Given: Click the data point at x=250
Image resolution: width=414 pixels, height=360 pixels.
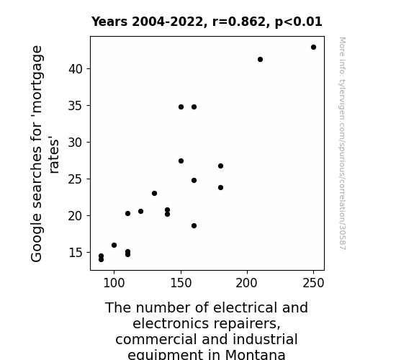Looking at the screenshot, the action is (313, 48).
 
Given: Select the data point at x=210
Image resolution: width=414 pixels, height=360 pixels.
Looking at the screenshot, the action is (260, 60).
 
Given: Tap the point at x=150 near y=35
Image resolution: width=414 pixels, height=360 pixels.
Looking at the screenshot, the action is (181, 107).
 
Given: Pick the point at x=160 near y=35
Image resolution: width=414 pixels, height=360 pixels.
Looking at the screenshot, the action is (194, 107).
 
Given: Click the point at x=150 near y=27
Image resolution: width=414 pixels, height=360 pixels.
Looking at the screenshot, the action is (181, 161).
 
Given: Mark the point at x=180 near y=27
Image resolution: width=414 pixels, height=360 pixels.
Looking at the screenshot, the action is (221, 166).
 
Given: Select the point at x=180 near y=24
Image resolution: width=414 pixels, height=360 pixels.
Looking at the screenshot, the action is (221, 187).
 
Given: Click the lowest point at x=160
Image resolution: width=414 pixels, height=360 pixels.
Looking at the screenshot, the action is (194, 226).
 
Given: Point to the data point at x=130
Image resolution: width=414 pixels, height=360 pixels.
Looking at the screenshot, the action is (155, 194).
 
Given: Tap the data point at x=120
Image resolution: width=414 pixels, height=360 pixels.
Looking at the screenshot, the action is (140, 211).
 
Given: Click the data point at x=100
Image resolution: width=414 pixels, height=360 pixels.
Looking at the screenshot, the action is (114, 245).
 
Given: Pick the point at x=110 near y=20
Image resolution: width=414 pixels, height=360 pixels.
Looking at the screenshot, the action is (127, 213).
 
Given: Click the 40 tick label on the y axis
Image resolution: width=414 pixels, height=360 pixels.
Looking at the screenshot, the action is (76, 69).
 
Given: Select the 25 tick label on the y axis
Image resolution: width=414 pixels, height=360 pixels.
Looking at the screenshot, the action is (76, 179).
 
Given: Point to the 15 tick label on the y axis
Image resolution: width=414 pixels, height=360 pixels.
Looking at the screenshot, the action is (76, 253).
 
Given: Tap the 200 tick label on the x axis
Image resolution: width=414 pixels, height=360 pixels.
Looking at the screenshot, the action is (247, 283).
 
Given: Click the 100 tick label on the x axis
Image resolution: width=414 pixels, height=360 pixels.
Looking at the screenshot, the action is (114, 283).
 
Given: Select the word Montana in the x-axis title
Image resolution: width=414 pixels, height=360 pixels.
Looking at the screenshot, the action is (256, 354).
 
